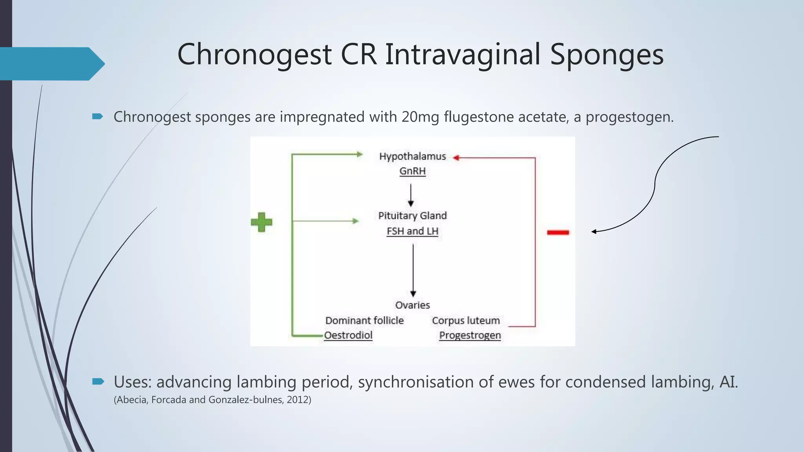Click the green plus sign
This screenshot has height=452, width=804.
(261, 222)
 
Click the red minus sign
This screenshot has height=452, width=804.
(558, 233)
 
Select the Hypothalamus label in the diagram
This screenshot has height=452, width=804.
(412, 157)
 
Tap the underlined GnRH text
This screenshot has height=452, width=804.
(412, 171)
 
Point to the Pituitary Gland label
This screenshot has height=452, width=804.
(412, 216)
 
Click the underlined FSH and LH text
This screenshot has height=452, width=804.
(412, 231)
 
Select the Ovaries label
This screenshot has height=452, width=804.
(412, 305)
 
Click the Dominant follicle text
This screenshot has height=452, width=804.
(364, 321)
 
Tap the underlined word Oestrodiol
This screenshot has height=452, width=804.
(348, 335)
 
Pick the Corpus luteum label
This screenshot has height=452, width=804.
(466, 321)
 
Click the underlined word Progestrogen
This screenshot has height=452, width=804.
(470, 335)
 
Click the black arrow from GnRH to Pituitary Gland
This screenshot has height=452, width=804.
(411, 195)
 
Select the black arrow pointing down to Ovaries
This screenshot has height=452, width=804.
(413, 271)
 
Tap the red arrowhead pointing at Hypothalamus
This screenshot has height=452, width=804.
(456, 158)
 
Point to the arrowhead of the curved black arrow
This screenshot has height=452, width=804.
(594, 231)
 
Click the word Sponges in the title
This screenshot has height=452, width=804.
(607, 54)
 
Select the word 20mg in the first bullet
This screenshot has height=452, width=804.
(420, 117)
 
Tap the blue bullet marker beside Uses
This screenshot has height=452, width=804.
(98, 381)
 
